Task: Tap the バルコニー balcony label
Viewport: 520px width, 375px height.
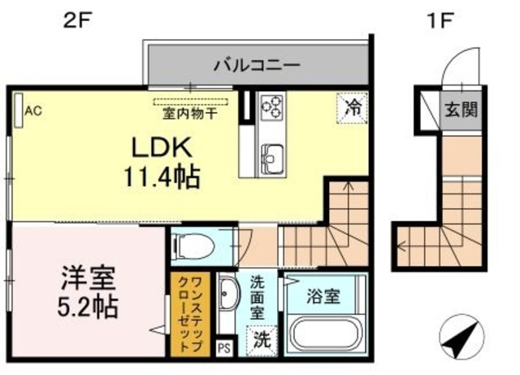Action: coord(258,64)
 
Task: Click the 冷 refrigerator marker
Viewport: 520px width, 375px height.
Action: coord(353,107)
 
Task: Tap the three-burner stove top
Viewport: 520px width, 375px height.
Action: coord(272,107)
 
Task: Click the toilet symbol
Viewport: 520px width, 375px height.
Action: coord(193,243)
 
